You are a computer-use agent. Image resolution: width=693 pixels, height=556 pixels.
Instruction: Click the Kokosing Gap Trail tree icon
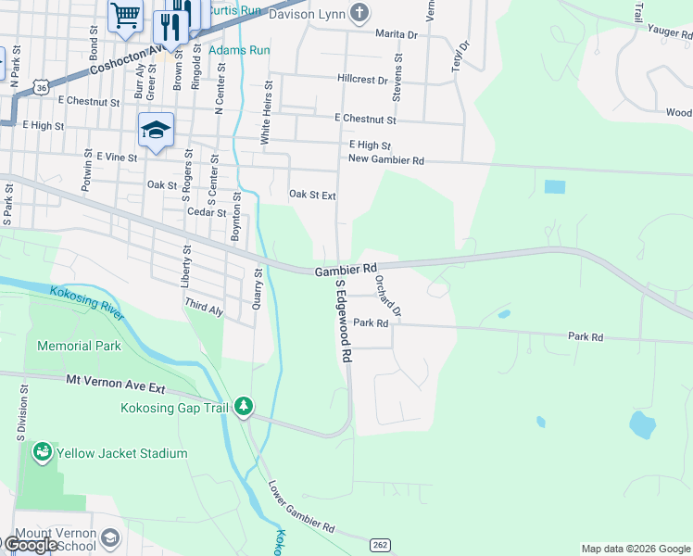(244, 407)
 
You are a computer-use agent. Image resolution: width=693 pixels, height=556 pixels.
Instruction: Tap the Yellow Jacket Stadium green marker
(41, 453)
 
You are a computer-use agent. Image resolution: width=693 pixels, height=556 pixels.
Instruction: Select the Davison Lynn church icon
(359, 14)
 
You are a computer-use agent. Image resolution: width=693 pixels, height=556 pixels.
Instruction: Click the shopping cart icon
(125, 15)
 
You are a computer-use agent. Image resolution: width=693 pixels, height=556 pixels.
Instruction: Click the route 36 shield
(39, 86)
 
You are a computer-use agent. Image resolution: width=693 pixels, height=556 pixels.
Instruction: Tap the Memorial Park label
(79, 346)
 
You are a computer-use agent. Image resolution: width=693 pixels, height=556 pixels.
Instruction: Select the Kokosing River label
(82, 303)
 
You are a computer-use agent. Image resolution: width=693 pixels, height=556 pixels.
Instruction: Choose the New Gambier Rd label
(385, 160)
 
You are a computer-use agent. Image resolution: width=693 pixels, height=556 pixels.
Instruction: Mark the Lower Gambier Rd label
(301, 506)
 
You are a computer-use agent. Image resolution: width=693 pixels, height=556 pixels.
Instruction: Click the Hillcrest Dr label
(362, 81)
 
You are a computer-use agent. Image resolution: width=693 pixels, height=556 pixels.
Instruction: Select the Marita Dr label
(397, 34)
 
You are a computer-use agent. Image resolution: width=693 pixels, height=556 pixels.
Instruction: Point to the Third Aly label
(204, 307)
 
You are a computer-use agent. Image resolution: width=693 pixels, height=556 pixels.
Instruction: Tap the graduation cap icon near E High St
(157, 131)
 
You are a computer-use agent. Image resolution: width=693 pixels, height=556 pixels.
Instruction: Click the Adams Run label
(234, 49)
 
